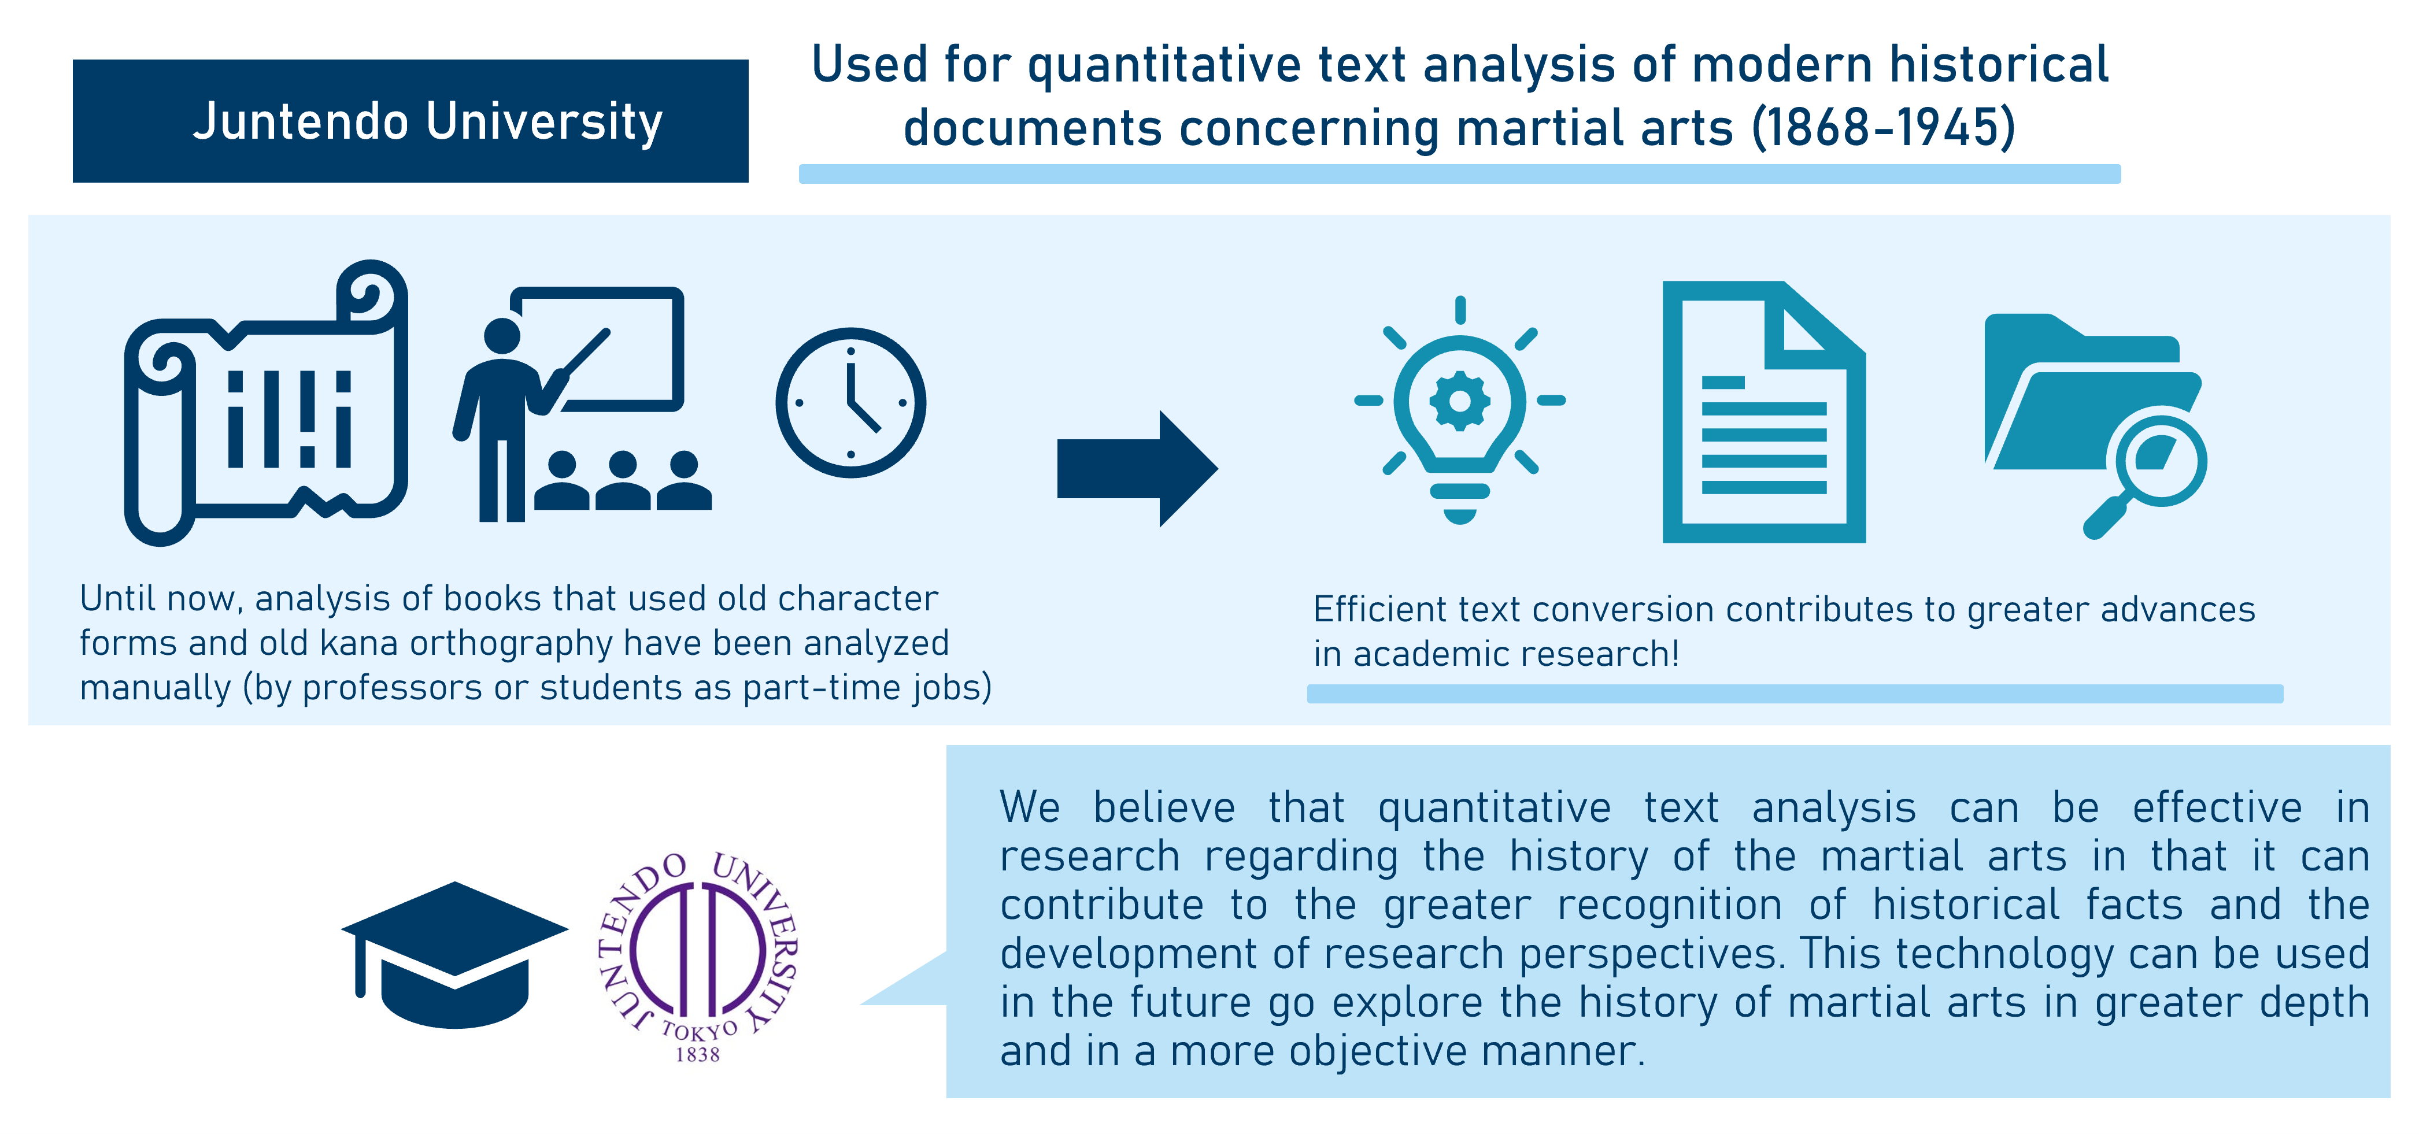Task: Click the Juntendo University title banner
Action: click(x=410, y=121)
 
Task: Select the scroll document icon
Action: click(x=267, y=403)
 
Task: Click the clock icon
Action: click(x=851, y=403)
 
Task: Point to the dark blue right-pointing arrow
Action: click(x=1137, y=468)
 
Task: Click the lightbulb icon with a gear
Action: click(x=1459, y=410)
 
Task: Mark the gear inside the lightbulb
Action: click(x=1459, y=401)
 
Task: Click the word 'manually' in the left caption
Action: click(x=155, y=688)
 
